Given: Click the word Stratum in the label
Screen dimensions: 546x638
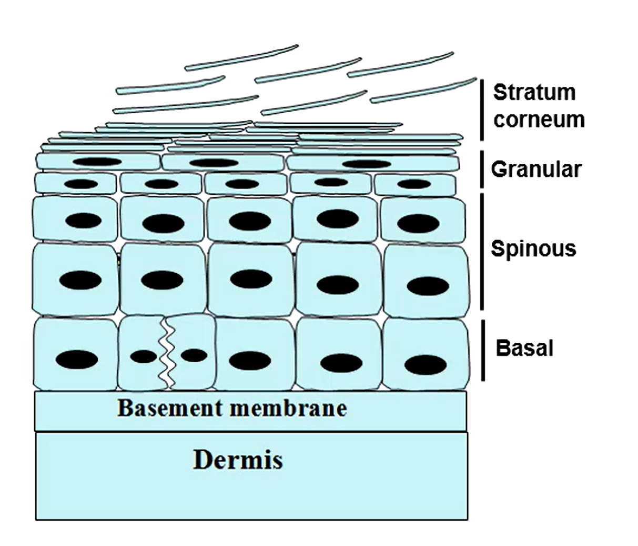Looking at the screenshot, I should (x=534, y=93).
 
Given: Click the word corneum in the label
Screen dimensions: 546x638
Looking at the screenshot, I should (x=539, y=120).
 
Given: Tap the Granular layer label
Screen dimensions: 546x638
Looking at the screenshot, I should (x=536, y=170).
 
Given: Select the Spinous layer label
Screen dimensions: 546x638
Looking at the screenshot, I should (x=533, y=248).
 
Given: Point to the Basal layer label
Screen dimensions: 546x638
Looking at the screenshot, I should (x=524, y=348).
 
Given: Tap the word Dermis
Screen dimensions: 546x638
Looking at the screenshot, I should (x=238, y=460).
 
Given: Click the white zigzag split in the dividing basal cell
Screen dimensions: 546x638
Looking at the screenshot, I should (x=168, y=353).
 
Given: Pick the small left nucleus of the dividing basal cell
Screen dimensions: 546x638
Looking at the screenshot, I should (x=143, y=356).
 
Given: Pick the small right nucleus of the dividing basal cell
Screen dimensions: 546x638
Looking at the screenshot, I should (x=194, y=355).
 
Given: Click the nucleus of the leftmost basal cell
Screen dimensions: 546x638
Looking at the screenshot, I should (x=76, y=360).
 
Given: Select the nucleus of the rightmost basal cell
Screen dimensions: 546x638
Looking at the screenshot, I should (x=426, y=364).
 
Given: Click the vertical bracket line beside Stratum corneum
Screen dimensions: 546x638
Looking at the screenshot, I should (x=482, y=110).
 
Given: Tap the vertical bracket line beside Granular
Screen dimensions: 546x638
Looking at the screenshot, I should (x=482, y=170).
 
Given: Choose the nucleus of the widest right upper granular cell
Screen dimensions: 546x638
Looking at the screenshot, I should (x=367, y=164).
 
